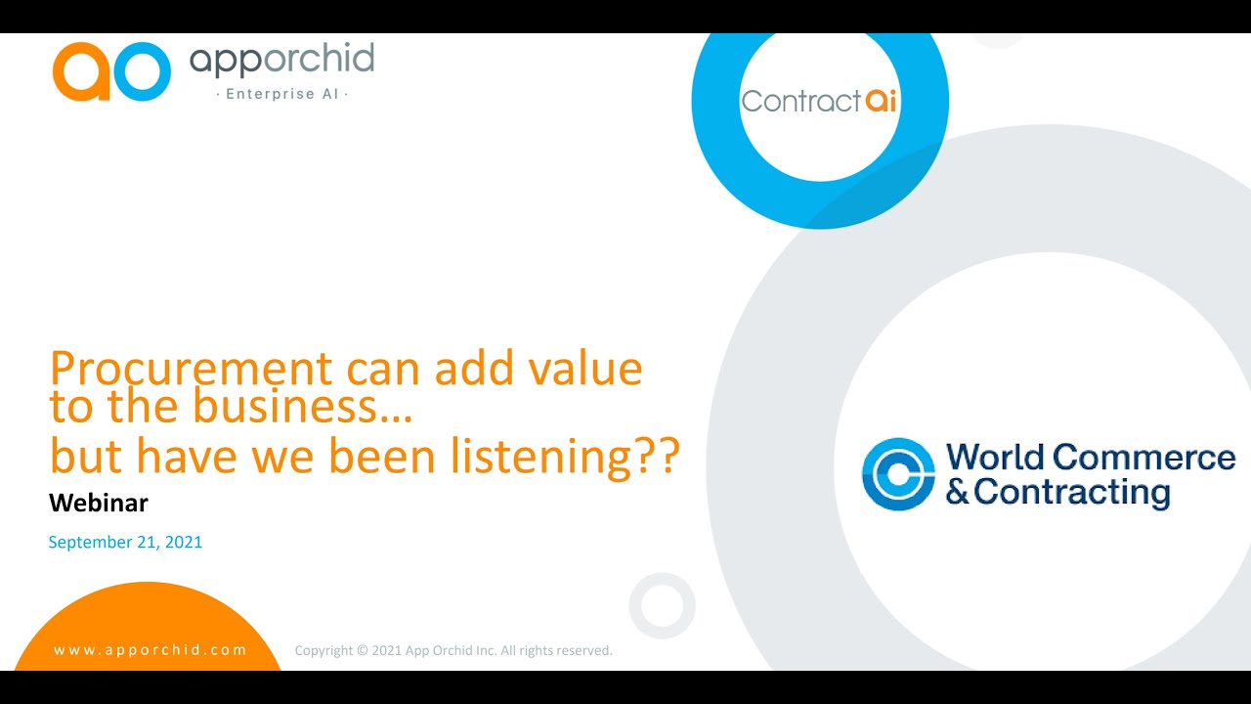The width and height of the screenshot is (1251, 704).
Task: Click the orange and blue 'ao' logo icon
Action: (111, 71)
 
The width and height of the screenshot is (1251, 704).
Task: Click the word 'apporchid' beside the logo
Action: (281, 61)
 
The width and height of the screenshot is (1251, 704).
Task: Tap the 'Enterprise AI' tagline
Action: (281, 94)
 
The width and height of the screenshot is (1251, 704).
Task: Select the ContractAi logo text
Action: (819, 101)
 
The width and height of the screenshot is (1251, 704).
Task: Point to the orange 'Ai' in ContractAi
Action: (881, 101)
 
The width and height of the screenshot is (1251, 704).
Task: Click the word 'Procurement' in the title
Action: (191, 370)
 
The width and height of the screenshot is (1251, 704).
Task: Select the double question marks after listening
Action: (657, 457)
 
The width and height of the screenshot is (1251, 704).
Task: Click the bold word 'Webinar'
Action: (99, 504)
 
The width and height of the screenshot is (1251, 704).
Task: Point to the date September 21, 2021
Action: (125, 542)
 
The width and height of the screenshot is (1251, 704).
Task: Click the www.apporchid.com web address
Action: (151, 650)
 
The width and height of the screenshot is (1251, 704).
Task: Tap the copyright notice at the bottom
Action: (453, 650)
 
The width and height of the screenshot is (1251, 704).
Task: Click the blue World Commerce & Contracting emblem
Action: (898, 474)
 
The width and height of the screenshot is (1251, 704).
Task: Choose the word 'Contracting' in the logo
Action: (1072, 492)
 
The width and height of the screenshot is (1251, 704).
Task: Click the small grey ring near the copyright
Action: (662, 605)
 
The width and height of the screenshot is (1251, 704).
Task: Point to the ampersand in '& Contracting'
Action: (958, 492)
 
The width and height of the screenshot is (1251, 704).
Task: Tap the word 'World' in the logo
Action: (996, 458)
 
